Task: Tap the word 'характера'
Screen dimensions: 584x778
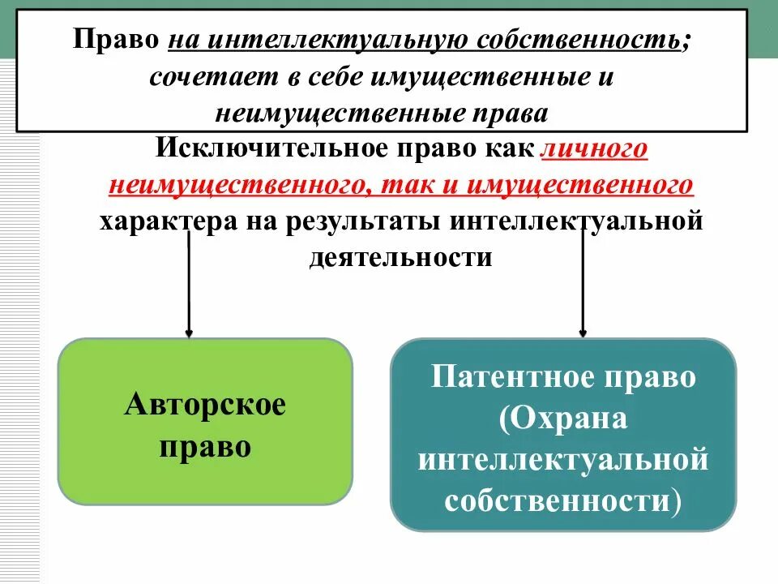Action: tap(167, 221)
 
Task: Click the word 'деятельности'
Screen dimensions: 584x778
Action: tap(400, 256)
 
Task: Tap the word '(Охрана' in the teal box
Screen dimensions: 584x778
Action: tap(563, 419)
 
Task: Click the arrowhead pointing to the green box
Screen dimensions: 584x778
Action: tap(189, 332)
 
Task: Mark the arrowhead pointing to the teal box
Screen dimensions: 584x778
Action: tap(583, 332)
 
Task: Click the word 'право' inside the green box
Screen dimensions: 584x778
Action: tap(205, 447)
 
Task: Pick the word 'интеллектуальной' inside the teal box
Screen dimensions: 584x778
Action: tap(563, 460)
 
